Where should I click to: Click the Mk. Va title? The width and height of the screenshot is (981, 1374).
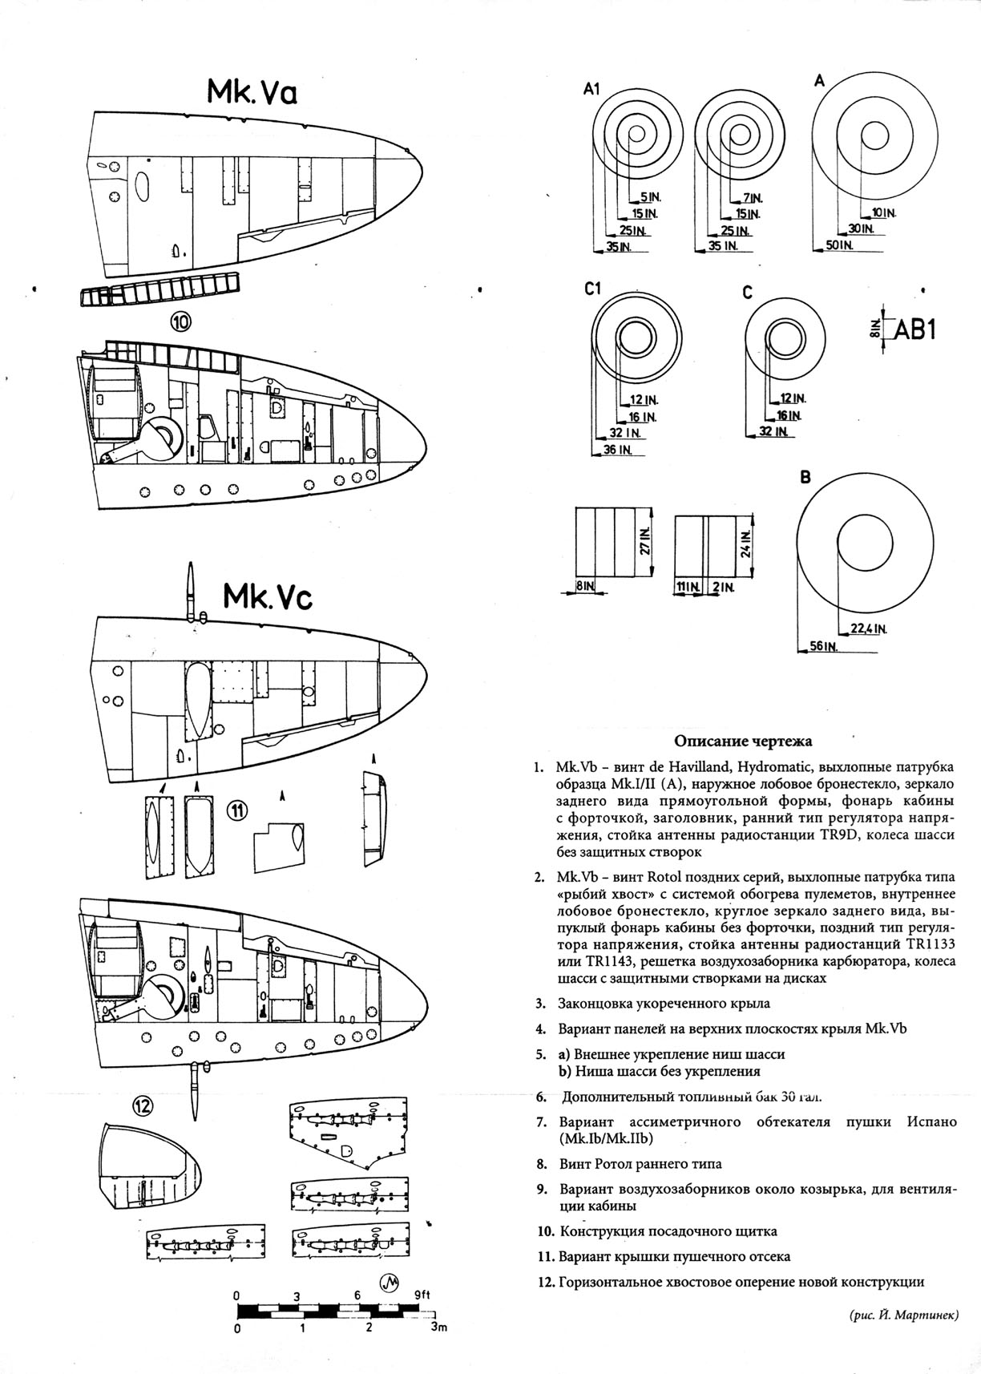pyautogui.click(x=252, y=91)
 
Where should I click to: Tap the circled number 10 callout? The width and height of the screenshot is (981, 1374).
pyautogui.click(x=180, y=322)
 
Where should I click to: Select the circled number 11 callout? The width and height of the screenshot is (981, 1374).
pyautogui.click(x=237, y=811)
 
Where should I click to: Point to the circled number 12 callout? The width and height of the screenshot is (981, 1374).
pyautogui.click(x=142, y=1107)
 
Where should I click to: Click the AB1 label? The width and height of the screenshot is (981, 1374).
pyautogui.click(x=914, y=329)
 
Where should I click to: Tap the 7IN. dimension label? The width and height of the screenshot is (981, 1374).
pyautogui.click(x=753, y=197)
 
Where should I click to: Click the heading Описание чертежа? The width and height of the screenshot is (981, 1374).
pyautogui.click(x=742, y=741)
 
